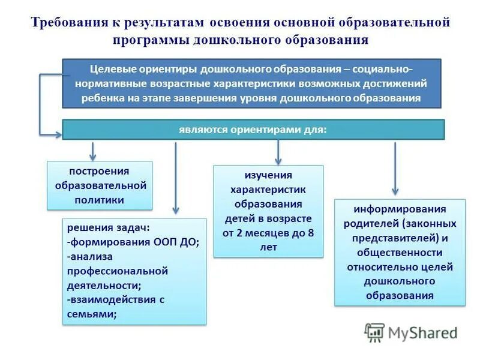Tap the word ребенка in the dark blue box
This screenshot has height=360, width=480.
(x=98, y=98)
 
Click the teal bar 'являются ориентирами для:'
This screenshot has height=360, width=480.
(x=253, y=130)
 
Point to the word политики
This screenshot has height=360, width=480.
(x=100, y=200)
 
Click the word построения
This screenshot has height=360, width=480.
(x=100, y=171)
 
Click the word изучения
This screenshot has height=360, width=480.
(x=268, y=175)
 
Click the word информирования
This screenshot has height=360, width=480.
(x=400, y=209)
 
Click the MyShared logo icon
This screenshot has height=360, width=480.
(x=375, y=332)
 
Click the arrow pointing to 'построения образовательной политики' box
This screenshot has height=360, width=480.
(x=92, y=151)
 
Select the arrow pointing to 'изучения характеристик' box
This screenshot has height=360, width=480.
(x=278, y=153)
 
